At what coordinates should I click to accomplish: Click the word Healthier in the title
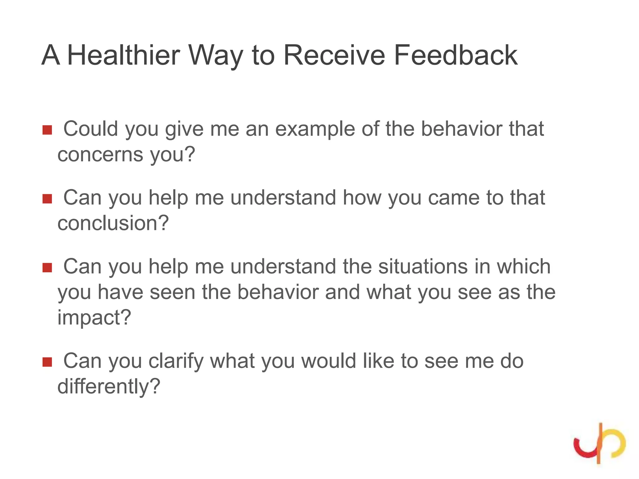pyautogui.click(x=124, y=55)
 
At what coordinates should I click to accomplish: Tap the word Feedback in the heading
pyautogui.click(x=456, y=55)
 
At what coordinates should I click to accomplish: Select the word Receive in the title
pyautogui.click(x=334, y=55)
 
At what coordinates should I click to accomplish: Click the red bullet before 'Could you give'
pyautogui.click(x=47, y=130)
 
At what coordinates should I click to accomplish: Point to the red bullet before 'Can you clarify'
pyautogui.click(x=47, y=362)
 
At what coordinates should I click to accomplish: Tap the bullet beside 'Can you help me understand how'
pyautogui.click(x=47, y=199)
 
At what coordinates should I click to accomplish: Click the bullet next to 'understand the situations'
pyautogui.click(x=47, y=268)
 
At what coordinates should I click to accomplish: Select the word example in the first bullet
pyautogui.click(x=315, y=129)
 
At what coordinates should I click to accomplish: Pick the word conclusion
pyautogui.click(x=113, y=223)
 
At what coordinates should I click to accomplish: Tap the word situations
pyautogui.click(x=423, y=267)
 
